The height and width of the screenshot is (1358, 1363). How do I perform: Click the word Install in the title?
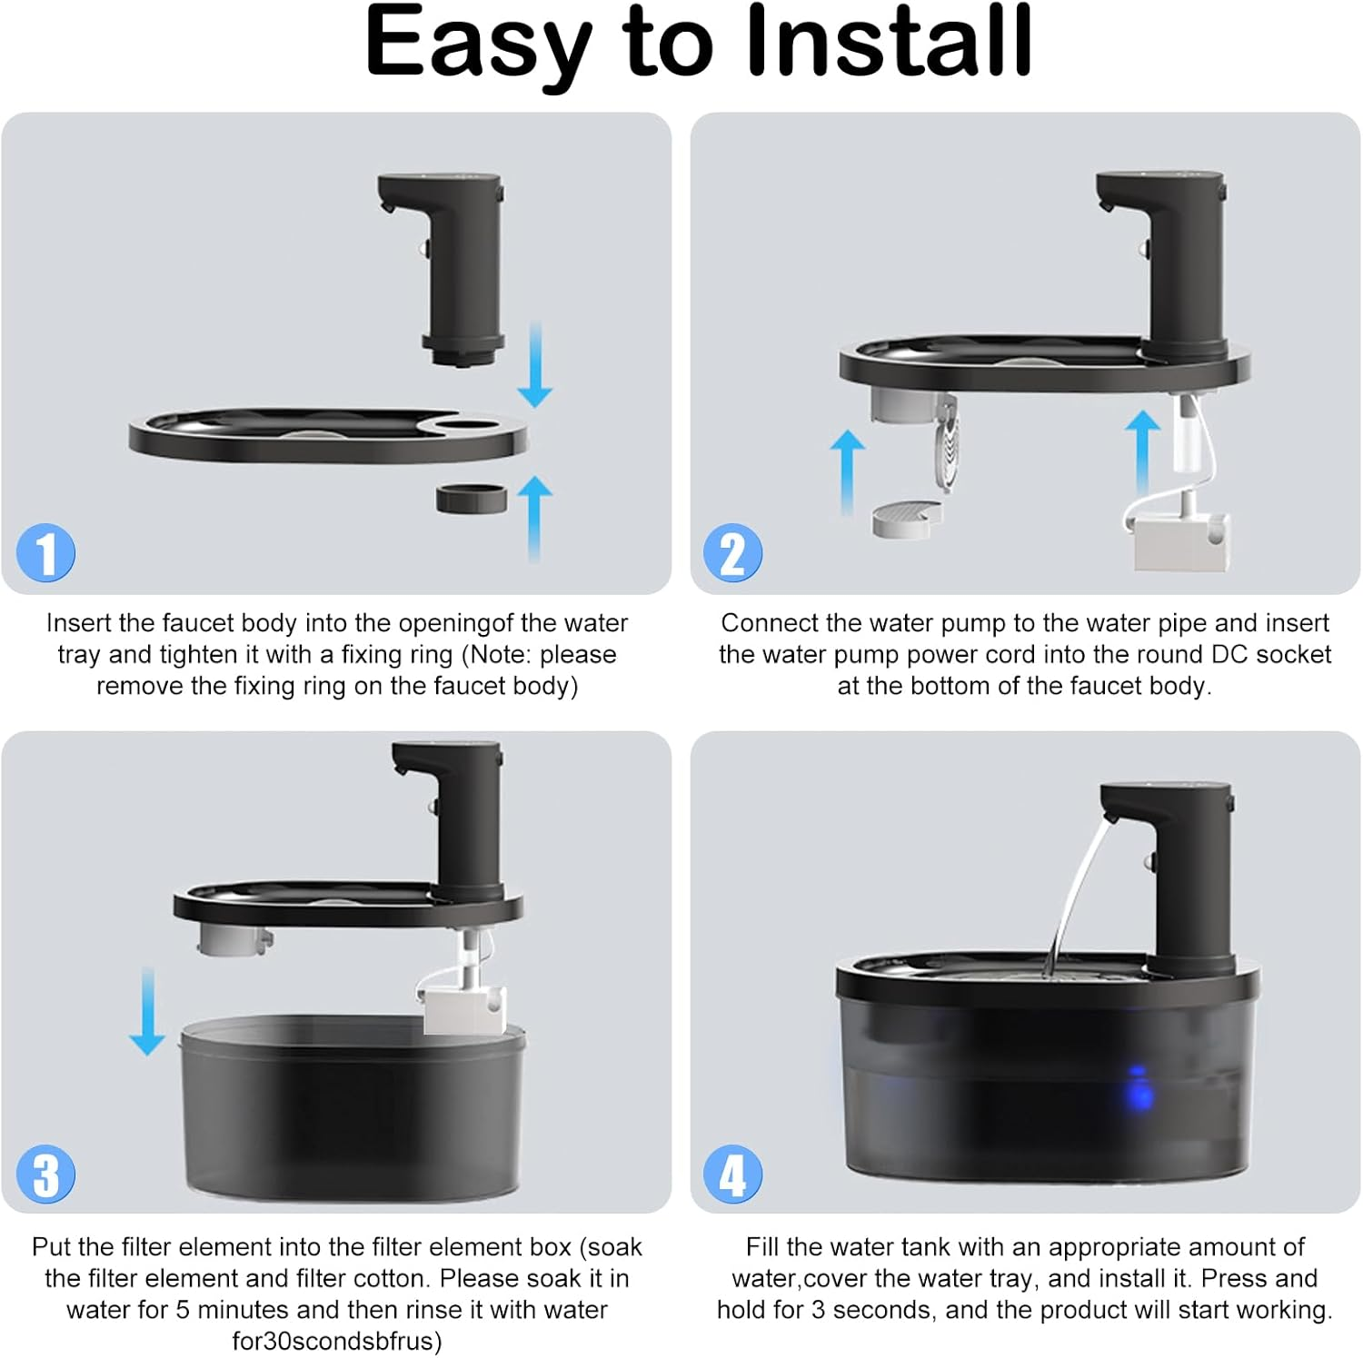pos(888,43)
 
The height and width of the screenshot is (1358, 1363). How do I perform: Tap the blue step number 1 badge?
pos(45,552)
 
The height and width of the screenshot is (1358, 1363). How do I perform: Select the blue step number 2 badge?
pos(732,552)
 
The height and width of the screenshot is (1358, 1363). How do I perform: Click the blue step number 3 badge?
pos(45,1174)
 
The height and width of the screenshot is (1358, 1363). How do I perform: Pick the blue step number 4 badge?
pos(732,1174)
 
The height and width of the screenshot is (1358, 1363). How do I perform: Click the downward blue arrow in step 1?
pos(535,363)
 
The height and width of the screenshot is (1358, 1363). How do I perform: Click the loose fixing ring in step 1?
pos(470,499)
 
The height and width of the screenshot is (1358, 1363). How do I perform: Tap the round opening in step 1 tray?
pos(469,424)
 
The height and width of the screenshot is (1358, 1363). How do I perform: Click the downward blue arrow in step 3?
pos(146,1010)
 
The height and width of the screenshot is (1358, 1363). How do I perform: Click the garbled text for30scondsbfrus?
pos(336,1342)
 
